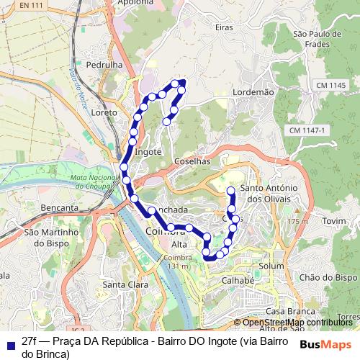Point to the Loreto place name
pos(104,114)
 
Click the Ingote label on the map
pos(148,152)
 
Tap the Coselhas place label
pos(192,162)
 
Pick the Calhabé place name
pos(238,281)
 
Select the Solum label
pos(271,266)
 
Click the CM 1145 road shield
pos(330,86)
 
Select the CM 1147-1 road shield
pos(307,130)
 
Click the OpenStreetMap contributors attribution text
pos(297,323)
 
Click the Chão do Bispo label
pos(328,277)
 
